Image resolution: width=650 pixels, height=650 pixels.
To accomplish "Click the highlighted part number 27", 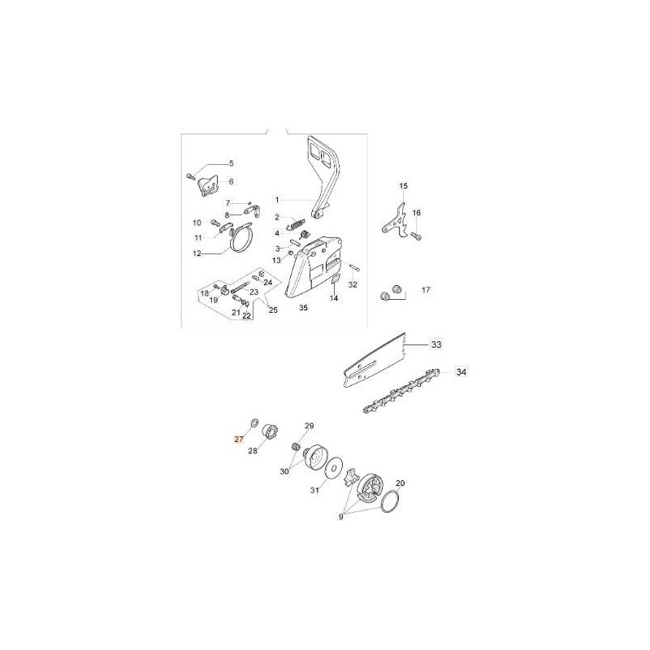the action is [x=238, y=440].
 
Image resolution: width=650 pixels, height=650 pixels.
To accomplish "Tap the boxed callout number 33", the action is [x=436, y=344].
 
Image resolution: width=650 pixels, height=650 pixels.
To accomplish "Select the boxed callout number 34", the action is [x=461, y=372].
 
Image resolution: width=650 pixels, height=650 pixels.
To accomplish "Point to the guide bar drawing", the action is [x=375, y=360].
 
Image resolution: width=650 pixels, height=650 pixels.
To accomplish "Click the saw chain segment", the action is [x=401, y=391].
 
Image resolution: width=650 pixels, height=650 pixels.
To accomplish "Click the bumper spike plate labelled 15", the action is [x=395, y=220].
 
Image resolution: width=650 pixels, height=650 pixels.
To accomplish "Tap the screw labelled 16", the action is [x=416, y=236].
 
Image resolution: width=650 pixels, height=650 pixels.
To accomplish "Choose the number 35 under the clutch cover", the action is [x=303, y=308].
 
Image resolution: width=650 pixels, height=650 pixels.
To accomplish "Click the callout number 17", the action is [x=426, y=290].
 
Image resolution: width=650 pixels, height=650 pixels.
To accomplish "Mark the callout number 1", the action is [x=277, y=200].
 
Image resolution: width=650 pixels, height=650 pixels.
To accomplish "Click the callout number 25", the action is [x=273, y=310].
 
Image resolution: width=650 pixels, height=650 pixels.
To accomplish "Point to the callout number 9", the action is [x=341, y=517].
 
